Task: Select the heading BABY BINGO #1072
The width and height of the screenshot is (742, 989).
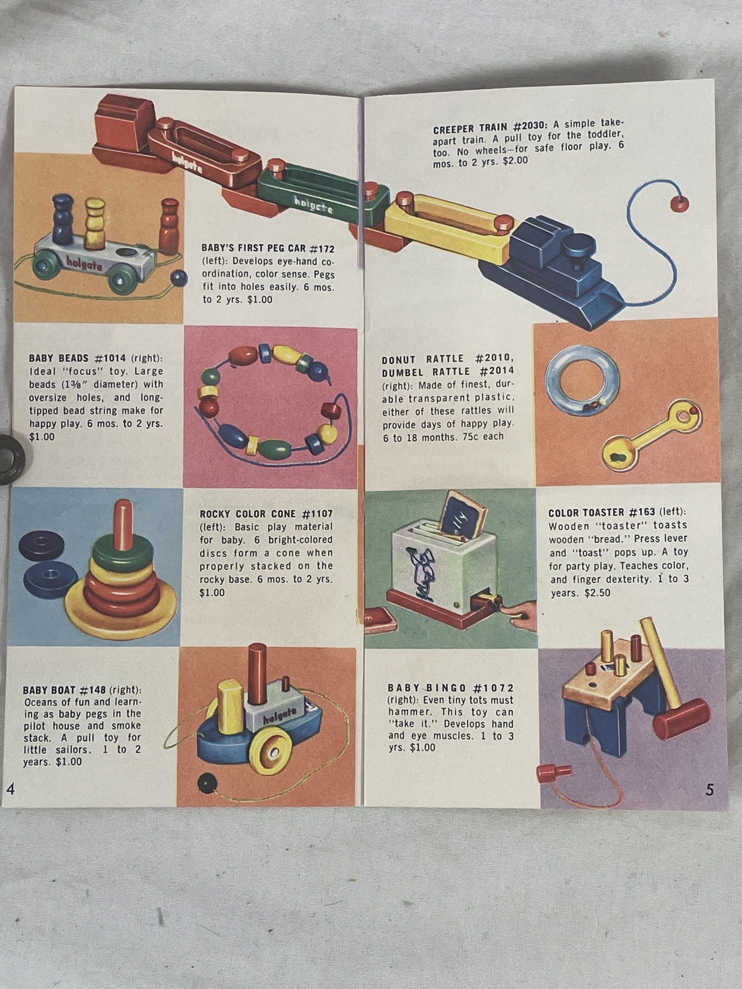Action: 450,688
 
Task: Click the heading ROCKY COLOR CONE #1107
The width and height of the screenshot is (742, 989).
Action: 266,514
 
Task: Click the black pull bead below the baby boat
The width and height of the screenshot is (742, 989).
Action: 205,783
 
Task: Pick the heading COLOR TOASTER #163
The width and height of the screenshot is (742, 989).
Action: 602,513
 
